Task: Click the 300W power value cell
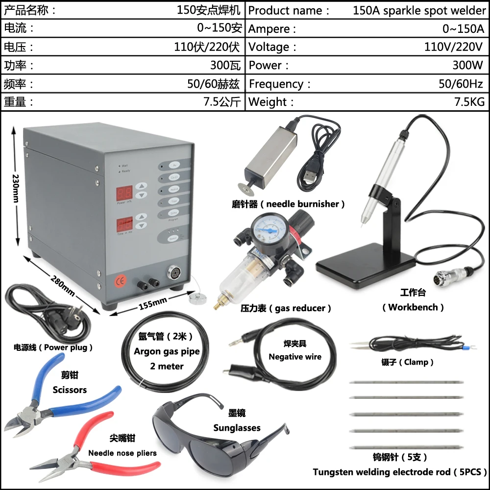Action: (468, 65)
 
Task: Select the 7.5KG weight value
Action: (469, 102)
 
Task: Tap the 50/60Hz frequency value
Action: (461, 84)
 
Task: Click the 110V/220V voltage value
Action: (454, 47)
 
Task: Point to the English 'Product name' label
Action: (285, 11)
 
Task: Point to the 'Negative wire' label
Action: (295, 357)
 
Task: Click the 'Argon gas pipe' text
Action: (167, 351)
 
